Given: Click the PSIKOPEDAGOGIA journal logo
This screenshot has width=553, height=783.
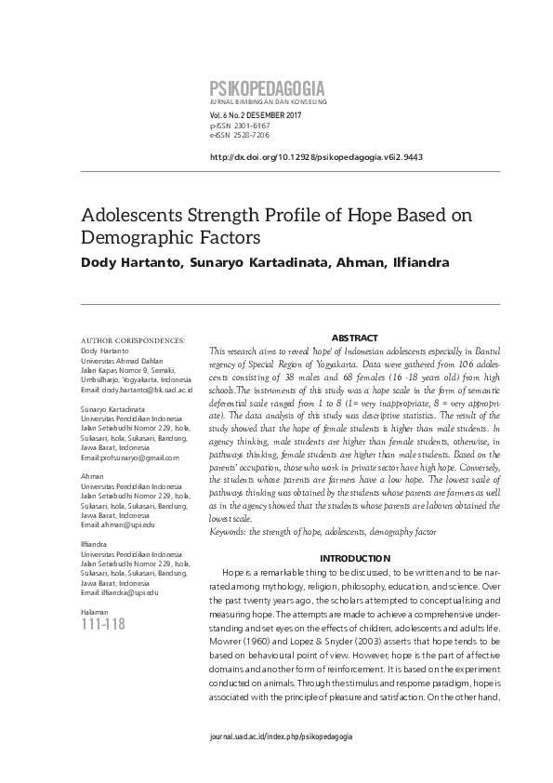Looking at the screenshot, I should coord(268,88).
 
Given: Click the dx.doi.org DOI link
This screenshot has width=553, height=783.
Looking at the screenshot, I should coord(317,157).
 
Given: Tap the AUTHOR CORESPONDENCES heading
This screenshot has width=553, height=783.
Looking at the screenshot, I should coord(133,341).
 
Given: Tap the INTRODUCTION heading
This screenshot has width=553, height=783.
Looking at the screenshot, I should coord(354,558).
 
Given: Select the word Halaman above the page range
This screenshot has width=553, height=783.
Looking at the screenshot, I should coord(95,609).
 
